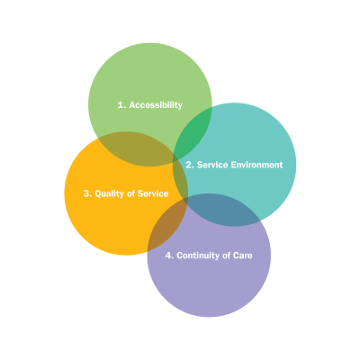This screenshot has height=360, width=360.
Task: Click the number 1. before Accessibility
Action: (x=121, y=105)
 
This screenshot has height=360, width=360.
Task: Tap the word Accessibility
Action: (x=156, y=105)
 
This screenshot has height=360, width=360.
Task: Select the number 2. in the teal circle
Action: (x=190, y=165)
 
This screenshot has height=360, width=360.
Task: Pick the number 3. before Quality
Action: (x=87, y=193)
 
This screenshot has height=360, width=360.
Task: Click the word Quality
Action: (x=109, y=194)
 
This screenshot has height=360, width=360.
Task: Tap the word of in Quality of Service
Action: (x=130, y=193)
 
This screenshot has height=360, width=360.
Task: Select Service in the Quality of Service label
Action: (x=153, y=193)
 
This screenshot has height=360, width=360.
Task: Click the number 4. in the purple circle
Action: (x=169, y=256)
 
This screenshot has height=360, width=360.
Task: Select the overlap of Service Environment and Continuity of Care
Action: (x=222, y=210)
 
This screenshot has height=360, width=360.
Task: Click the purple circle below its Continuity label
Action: (x=209, y=288)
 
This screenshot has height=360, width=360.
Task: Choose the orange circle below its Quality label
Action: (x=114, y=228)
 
